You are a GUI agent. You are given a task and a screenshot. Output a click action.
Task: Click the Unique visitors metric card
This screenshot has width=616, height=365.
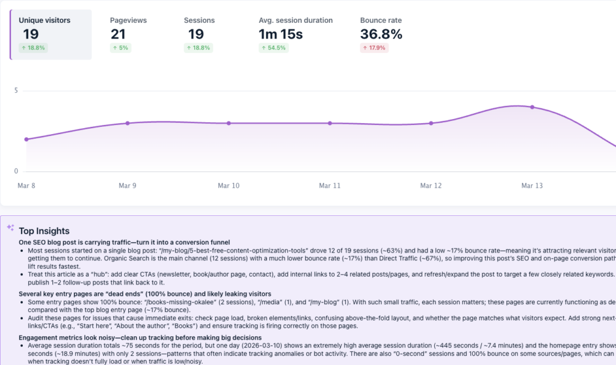pos(51,34)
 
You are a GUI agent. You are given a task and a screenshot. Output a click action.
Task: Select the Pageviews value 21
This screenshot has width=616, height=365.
pos(118,35)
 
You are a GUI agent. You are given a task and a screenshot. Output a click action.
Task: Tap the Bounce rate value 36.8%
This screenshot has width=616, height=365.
pos(381,35)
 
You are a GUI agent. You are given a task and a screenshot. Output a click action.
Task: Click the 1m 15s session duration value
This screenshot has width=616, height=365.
pos(280,35)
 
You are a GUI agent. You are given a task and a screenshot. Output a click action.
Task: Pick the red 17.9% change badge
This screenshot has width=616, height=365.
pos(374,48)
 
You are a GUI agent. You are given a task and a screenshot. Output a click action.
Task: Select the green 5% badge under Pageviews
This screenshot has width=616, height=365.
pos(120,48)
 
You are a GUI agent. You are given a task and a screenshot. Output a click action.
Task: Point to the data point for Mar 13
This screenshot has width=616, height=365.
pos(532,107)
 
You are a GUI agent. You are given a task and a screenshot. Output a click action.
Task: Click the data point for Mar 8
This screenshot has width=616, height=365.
pos(26,139)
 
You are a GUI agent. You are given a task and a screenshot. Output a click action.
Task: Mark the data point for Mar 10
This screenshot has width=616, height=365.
pos(229,123)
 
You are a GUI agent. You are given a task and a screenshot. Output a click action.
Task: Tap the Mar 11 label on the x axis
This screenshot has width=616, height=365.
pos(330,186)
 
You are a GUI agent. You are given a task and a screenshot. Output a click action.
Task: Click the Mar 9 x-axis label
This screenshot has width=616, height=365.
pos(128,186)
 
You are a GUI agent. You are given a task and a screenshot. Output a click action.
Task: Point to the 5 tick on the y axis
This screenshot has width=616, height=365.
pos(16,91)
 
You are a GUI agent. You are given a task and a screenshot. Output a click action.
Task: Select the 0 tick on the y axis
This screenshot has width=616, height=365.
pos(16,171)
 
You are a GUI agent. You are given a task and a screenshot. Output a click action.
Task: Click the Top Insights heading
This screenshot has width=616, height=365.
pos(44,231)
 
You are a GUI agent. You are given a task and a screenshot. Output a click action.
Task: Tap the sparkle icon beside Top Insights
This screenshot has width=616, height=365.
pos(10,228)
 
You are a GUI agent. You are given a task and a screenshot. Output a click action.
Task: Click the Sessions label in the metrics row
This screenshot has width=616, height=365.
pos(199,20)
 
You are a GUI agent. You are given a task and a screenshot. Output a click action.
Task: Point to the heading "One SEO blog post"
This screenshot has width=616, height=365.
pos(124,242)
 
